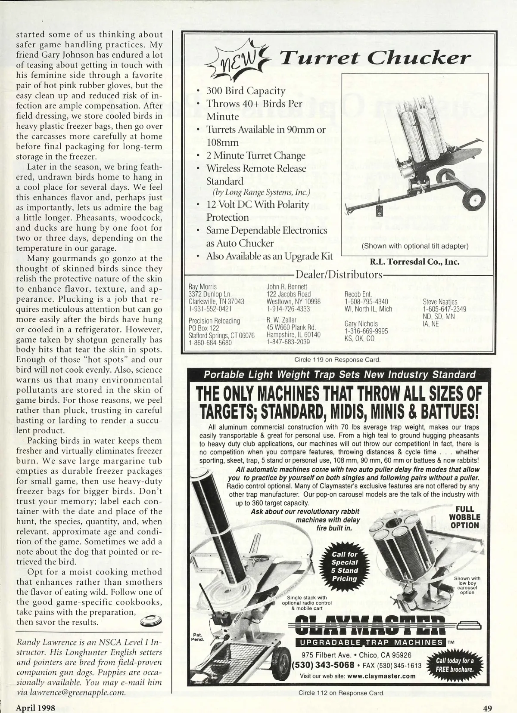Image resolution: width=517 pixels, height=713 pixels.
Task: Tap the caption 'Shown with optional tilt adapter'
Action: pyautogui.click(x=414, y=246)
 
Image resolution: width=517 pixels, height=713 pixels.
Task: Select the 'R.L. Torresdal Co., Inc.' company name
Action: pyautogui.click(x=414, y=262)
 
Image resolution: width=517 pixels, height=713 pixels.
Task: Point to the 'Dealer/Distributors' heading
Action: pyautogui.click(x=337, y=275)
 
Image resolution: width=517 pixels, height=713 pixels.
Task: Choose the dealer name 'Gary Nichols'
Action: pyautogui.click(x=361, y=324)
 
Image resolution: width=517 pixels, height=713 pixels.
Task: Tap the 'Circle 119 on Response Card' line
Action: pyautogui.click(x=337, y=359)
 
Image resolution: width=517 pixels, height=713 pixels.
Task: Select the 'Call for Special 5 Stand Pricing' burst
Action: pyautogui.click(x=344, y=566)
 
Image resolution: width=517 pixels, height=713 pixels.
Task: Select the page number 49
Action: pyautogui.click(x=487, y=708)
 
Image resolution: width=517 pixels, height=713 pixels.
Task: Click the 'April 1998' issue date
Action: pyautogui.click(x=36, y=708)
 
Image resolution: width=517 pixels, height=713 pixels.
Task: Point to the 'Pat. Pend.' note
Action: pyautogui.click(x=197, y=637)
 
